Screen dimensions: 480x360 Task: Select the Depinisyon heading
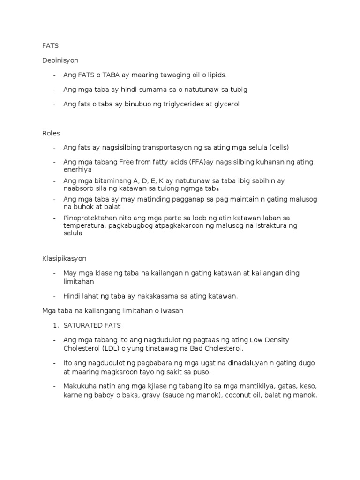[x=60, y=60]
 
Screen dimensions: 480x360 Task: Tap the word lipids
[x=217, y=75]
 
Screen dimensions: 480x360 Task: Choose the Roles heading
[x=51, y=133]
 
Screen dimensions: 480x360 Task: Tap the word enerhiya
[x=78, y=169]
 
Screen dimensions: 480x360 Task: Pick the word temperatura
[x=83, y=225]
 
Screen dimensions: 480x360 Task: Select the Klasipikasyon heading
[x=64, y=258]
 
